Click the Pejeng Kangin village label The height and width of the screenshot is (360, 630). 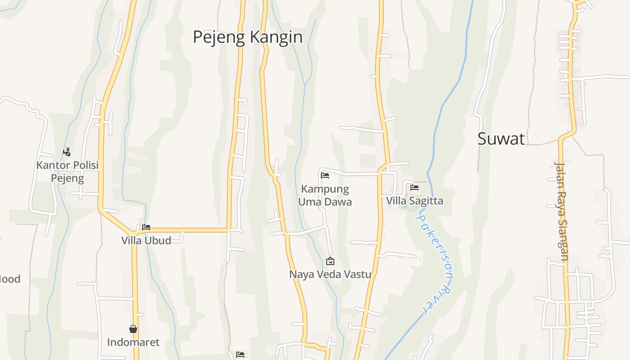coord(247,37)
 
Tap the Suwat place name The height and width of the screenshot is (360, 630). coord(501,139)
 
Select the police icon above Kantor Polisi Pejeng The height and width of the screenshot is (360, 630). coord(67,152)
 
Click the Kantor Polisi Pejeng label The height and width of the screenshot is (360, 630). coord(67,171)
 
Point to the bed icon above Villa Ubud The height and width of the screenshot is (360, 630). coord(146,227)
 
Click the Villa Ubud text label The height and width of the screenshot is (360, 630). coord(146,240)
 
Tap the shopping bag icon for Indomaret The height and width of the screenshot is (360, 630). coord(133,329)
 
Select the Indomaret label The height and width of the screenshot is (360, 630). coord(133,342)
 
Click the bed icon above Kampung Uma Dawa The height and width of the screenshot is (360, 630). coord(325,175)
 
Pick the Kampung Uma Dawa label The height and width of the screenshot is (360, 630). coord(325,195)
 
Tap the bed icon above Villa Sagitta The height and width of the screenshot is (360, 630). coord(414,188)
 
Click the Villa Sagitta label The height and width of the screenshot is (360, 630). coord(414,201)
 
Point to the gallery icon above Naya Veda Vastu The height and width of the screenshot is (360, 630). coord(330,261)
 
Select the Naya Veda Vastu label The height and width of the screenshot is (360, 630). coord(330,274)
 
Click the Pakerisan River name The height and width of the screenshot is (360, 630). coord(435,263)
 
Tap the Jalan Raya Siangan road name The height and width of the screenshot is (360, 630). coord(561,211)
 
